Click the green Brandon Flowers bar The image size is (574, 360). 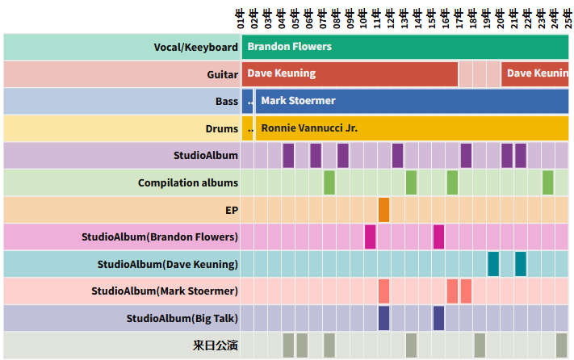404,47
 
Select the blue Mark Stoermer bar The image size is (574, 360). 412,101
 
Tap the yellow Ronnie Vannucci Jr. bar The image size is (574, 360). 412,128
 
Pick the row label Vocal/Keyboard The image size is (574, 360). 196,47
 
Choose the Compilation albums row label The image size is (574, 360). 188,182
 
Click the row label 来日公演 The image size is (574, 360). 216,345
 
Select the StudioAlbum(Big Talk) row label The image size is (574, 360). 182,318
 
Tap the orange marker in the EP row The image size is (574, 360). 383,210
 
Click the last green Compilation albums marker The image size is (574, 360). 548,182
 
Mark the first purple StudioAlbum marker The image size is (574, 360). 288,155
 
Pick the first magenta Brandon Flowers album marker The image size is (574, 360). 371,237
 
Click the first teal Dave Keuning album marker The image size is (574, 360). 493,264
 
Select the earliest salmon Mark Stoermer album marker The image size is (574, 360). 383,291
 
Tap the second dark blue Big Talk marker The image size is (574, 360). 438,318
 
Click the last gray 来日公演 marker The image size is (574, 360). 562,345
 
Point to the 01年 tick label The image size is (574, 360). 241,15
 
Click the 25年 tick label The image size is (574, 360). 568,15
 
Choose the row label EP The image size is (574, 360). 232,210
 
